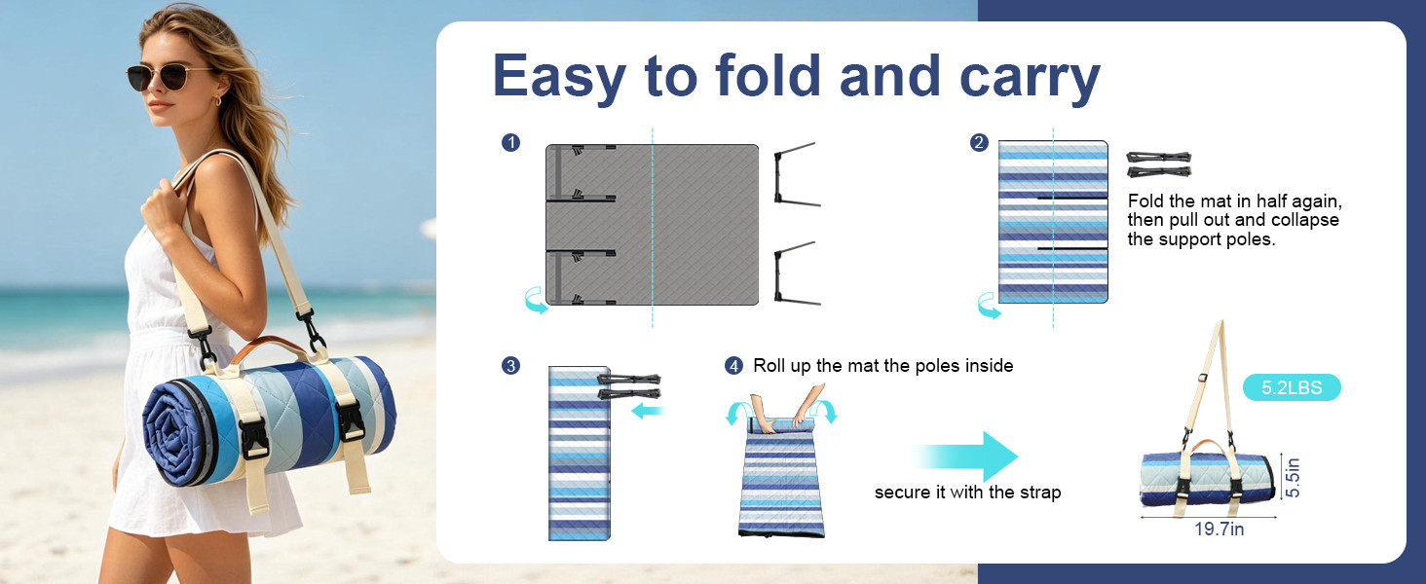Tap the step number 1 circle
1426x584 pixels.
[510, 142]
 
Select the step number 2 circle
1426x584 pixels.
[979, 142]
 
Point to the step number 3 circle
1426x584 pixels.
[510, 366]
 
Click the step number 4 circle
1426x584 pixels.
[734, 366]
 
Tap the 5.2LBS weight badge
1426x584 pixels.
[1292, 387]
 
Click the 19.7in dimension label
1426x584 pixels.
[1220, 529]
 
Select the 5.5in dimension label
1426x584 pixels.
[1293, 477]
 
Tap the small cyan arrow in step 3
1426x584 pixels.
[648, 411]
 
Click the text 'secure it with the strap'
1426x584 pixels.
[967, 493]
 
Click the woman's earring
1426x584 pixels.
[218, 100]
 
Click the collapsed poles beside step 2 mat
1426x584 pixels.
[1159, 164]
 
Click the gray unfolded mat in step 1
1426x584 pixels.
[652, 225]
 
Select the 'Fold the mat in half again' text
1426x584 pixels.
[1234, 201]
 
